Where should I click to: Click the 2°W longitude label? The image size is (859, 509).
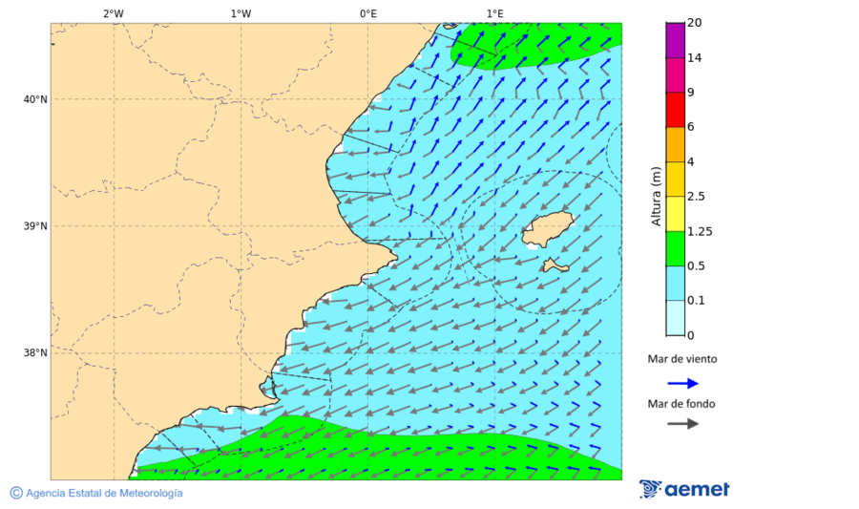click(x=113, y=13)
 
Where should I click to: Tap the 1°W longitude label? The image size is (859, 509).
click(x=241, y=13)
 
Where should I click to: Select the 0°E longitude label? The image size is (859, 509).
click(x=367, y=13)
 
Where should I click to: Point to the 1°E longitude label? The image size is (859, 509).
click(x=494, y=13)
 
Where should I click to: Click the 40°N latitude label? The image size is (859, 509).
click(x=35, y=99)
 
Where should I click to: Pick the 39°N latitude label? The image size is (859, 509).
click(x=35, y=226)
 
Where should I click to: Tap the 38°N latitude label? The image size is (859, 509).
click(x=35, y=353)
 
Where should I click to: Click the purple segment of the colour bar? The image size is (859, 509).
click(x=675, y=40)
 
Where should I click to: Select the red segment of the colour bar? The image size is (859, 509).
click(x=675, y=110)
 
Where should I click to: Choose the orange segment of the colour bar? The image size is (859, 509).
click(x=675, y=144)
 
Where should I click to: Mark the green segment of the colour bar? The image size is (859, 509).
click(x=675, y=248)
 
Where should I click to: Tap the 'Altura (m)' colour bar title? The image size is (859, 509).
click(x=656, y=196)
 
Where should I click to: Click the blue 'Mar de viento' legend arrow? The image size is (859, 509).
click(x=682, y=383)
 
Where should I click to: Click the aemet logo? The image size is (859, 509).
click(x=684, y=490)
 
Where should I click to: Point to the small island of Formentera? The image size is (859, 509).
click(x=553, y=265)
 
